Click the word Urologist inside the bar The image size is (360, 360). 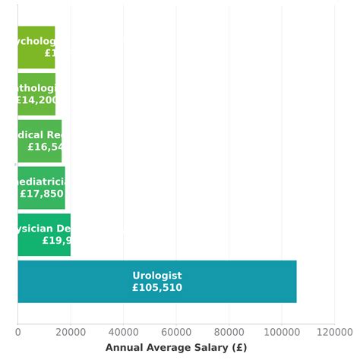pyautogui.click(x=157, y=276)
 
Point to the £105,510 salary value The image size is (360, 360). pyautogui.click(x=157, y=288)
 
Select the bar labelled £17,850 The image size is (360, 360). pyautogui.click(x=41, y=188)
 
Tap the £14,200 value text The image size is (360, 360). pyautogui.click(x=36, y=99)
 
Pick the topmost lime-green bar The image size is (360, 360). pyautogui.click(x=36, y=47)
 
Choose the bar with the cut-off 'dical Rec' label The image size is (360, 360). pyautogui.click(x=39, y=141)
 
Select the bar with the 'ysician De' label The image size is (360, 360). pyautogui.click(x=44, y=235)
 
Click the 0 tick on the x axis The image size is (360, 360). pyautogui.click(x=18, y=331)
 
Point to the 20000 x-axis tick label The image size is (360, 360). pyautogui.click(x=71, y=331)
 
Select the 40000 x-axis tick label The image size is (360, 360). pyautogui.click(x=123, y=331)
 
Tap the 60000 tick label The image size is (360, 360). pyautogui.click(x=176, y=331)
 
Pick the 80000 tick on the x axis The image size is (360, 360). pyautogui.click(x=229, y=331)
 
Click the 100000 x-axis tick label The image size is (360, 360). pyautogui.click(x=281, y=331)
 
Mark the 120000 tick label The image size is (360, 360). pyautogui.click(x=334, y=331)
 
